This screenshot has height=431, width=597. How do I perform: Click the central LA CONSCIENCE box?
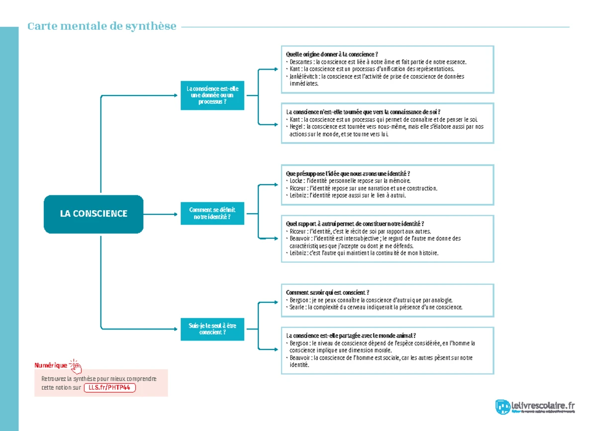coord(94,214)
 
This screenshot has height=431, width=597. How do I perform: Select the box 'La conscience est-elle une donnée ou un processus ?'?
coord(212,95)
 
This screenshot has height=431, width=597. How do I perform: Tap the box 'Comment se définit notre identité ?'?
coord(212,214)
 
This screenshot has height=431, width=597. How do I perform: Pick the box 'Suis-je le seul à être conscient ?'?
coord(212,329)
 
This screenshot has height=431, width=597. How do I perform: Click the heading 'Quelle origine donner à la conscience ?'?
coord(332,54)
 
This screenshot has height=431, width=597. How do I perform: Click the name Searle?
coord(297,307)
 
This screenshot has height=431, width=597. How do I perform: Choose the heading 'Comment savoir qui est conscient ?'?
coord(327,293)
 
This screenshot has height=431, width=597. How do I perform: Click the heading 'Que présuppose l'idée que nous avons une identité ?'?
coord(348,173)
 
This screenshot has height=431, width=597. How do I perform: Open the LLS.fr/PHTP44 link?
coord(109,388)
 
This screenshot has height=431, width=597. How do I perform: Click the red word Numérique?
coord(51,365)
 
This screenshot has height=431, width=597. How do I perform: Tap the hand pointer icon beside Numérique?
coord(76,366)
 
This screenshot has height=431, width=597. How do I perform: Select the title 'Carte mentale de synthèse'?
coord(102,26)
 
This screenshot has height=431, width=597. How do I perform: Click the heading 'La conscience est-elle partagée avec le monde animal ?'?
coord(351,336)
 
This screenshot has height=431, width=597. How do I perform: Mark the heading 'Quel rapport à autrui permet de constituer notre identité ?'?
coord(355,224)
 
